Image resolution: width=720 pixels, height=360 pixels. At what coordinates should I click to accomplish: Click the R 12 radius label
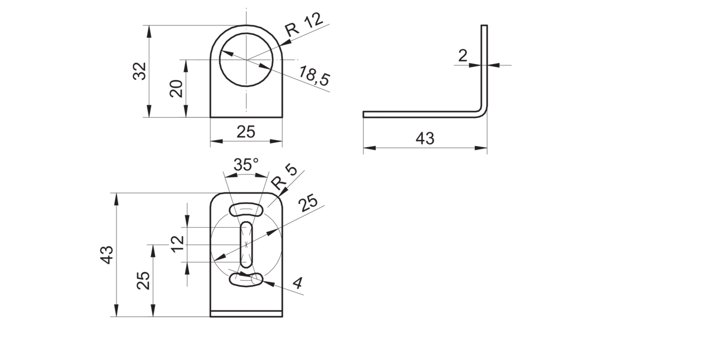[304, 25]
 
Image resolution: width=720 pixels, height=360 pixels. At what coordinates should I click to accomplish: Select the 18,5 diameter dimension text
[314, 76]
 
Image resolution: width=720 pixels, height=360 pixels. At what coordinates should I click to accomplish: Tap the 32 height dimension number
[140, 71]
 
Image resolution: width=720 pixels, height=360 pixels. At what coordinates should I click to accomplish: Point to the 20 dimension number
[176, 89]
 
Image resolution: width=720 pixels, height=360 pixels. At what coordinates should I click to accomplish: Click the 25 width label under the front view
[246, 132]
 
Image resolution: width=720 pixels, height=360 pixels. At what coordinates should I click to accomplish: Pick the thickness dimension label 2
[462, 56]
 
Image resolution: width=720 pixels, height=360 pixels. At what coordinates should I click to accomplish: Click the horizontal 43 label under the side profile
[425, 138]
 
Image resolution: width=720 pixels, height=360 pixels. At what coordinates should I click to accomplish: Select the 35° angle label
[246, 165]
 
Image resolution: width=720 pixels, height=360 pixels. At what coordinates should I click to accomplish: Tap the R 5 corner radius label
[285, 178]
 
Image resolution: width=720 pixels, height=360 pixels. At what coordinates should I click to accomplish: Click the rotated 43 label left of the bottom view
[107, 255]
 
